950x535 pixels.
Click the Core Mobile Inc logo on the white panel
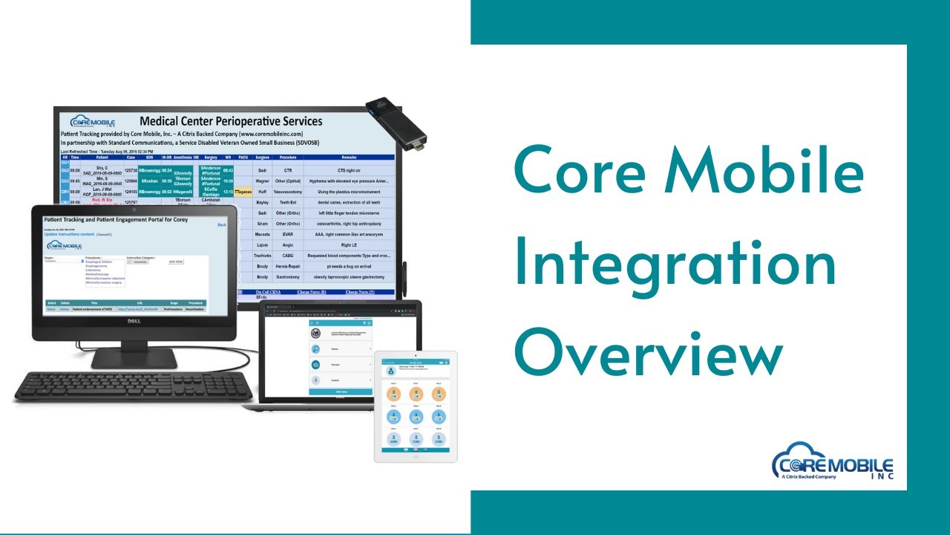pyautogui.click(x=832, y=461)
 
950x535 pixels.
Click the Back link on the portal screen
pyautogui.click(x=221, y=224)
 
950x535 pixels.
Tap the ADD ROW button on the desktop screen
pyautogui.click(x=176, y=262)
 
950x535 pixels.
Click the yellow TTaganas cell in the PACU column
pyautogui.click(x=243, y=192)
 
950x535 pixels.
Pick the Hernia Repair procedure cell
pyautogui.click(x=287, y=265)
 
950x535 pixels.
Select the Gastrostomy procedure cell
pyautogui.click(x=287, y=276)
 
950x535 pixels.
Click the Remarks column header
pyautogui.click(x=349, y=158)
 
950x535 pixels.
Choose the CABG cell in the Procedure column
pyautogui.click(x=287, y=255)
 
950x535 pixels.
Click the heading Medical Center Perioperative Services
pyautogui.click(x=231, y=121)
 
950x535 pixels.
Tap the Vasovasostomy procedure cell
pyautogui.click(x=287, y=192)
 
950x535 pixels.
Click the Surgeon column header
pyautogui.click(x=261, y=158)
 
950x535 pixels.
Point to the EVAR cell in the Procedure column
pyautogui.click(x=287, y=234)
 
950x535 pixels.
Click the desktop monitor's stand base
pyautogui.click(x=134, y=360)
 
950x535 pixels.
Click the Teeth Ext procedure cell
pyautogui.click(x=287, y=202)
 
